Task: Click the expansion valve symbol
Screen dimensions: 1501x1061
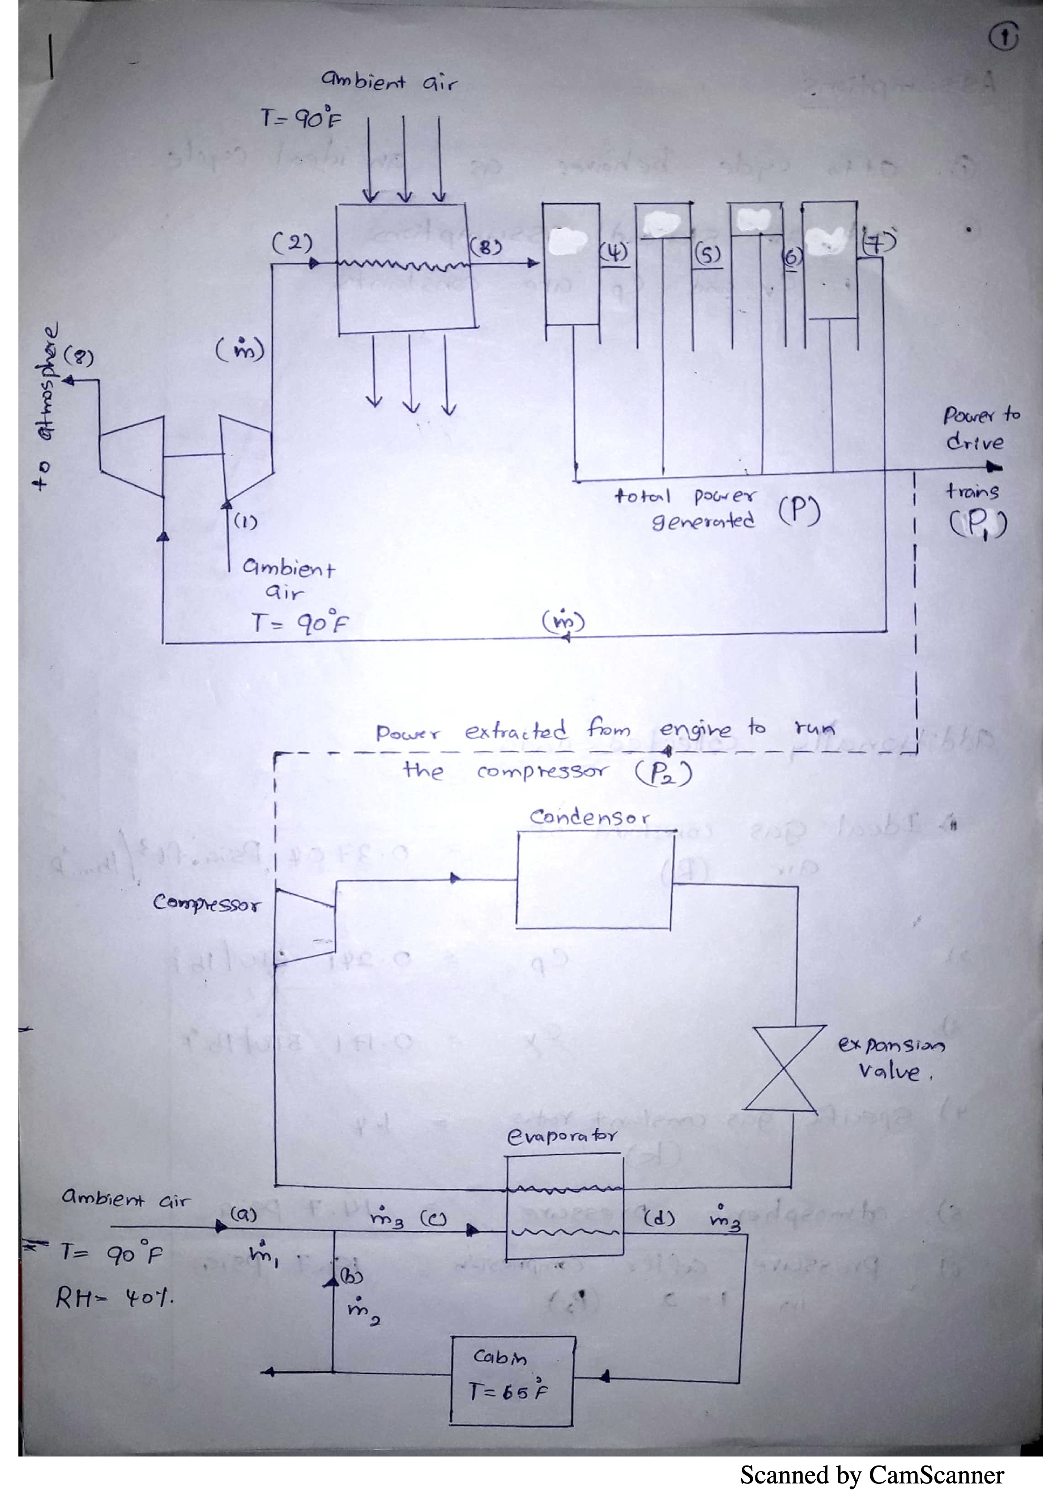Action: coord(781,1068)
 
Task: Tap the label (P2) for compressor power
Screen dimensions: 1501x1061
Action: coord(663,773)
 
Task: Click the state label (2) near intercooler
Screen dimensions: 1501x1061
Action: coord(292,243)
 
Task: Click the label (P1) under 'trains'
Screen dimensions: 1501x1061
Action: coord(978,522)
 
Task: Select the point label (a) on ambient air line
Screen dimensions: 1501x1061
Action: coord(244,1215)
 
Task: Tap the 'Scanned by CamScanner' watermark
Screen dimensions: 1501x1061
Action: coord(871,1475)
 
